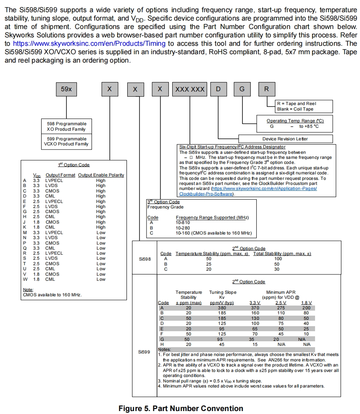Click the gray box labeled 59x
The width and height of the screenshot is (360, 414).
click(x=66, y=89)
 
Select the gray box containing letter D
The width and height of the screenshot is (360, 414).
click(x=218, y=89)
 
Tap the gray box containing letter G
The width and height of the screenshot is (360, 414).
click(x=242, y=89)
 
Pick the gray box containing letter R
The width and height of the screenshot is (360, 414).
click(x=267, y=89)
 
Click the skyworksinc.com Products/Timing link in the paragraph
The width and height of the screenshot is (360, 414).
click(x=89, y=43)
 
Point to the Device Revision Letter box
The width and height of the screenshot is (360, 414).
click(x=285, y=139)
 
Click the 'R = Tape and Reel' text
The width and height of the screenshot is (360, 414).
click(x=297, y=103)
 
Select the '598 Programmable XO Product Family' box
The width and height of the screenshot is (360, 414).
click(x=67, y=127)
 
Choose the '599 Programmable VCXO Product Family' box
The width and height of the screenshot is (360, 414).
click(x=67, y=142)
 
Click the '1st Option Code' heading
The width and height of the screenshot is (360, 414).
click(x=74, y=165)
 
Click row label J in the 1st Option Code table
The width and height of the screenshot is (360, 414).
click(x=25, y=222)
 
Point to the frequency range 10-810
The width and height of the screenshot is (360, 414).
click(x=183, y=222)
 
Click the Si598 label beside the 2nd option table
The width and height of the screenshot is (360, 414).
click(x=145, y=259)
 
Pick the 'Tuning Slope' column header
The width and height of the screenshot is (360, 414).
click(x=223, y=292)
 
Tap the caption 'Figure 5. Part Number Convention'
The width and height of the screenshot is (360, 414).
click(x=181, y=409)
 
